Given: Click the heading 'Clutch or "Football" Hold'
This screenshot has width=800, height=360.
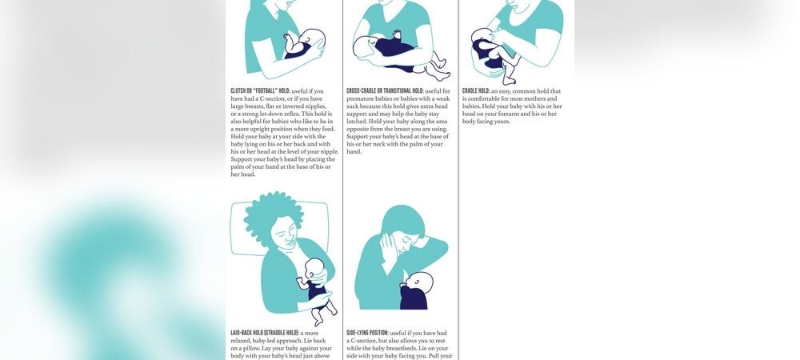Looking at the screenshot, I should [x=260, y=91].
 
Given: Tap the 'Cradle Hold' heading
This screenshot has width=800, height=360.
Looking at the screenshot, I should [x=475, y=91].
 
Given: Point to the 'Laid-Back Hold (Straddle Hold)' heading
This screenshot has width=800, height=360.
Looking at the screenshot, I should [x=265, y=332].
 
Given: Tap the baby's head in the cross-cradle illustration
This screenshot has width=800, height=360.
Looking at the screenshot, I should [x=367, y=46].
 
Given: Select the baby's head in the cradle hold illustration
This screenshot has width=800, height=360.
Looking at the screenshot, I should [x=483, y=39].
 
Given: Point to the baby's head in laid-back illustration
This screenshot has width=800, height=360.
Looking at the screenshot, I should [x=315, y=270].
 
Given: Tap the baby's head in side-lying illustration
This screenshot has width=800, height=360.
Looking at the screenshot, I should [x=420, y=283].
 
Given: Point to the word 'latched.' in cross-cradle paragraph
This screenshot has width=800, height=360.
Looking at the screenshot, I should [x=358, y=122].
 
